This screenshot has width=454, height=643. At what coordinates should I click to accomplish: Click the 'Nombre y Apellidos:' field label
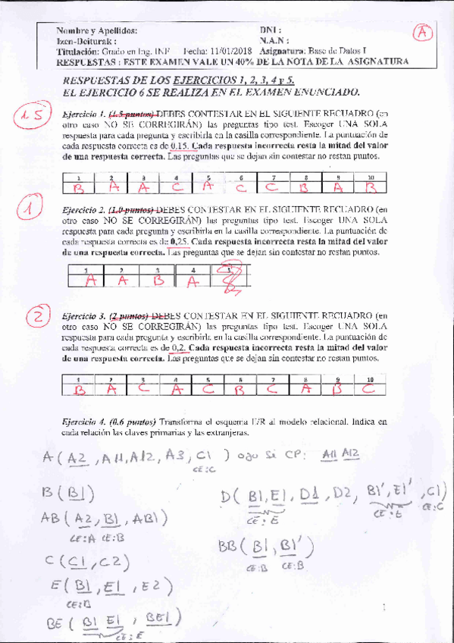(97, 30)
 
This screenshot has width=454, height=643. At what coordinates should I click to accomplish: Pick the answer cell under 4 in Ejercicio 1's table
(176, 187)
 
